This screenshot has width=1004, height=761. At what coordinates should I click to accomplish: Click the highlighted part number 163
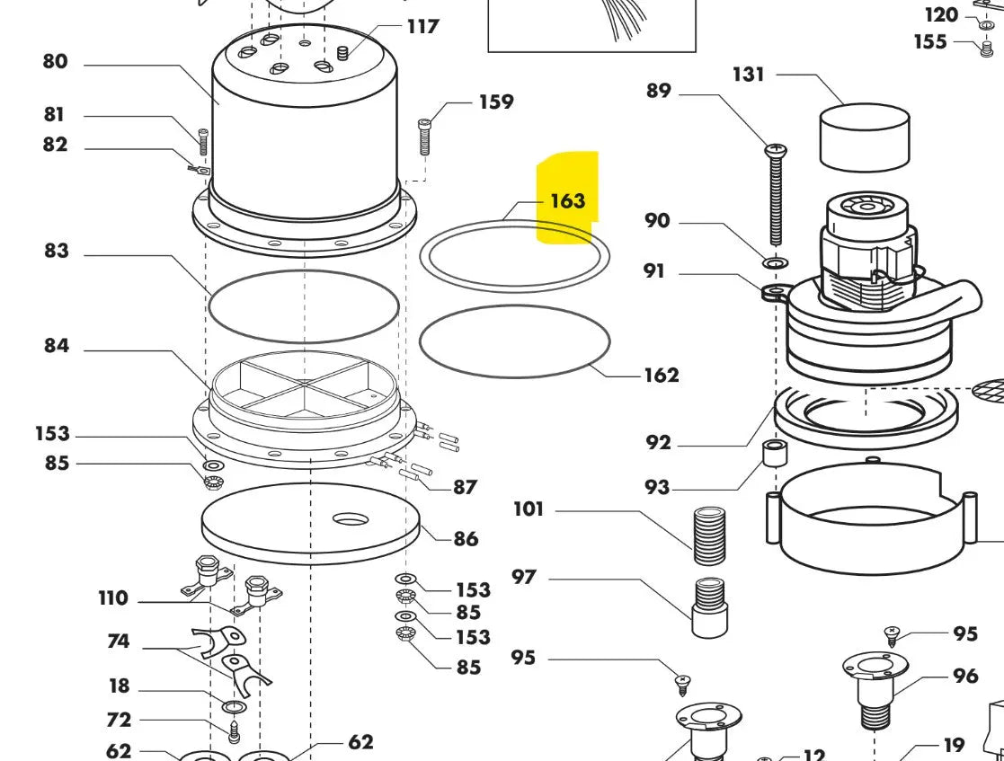click(x=567, y=200)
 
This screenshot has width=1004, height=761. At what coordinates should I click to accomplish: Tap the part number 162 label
click(x=661, y=375)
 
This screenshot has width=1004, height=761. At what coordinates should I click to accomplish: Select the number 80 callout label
click(x=55, y=62)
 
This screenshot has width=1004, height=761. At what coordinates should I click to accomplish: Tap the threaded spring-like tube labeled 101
click(x=710, y=535)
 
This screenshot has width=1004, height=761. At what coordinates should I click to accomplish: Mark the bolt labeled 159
click(x=425, y=137)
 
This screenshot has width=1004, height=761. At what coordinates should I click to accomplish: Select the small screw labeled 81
click(x=203, y=142)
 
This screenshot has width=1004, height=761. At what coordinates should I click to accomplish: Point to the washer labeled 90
click(x=774, y=263)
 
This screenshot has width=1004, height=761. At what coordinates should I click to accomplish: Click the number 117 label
click(x=422, y=26)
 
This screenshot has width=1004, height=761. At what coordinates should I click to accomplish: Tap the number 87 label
click(x=465, y=487)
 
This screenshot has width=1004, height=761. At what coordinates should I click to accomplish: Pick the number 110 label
click(x=113, y=598)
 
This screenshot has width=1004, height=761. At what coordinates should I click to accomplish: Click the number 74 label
click(x=118, y=642)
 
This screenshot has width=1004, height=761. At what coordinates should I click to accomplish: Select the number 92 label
click(x=658, y=442)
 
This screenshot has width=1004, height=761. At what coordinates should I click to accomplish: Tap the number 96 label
click(x=965, y=676)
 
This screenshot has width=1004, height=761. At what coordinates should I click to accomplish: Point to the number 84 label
click(x=56, y=346)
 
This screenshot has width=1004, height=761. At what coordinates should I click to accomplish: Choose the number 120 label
click(x=942, y=14)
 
